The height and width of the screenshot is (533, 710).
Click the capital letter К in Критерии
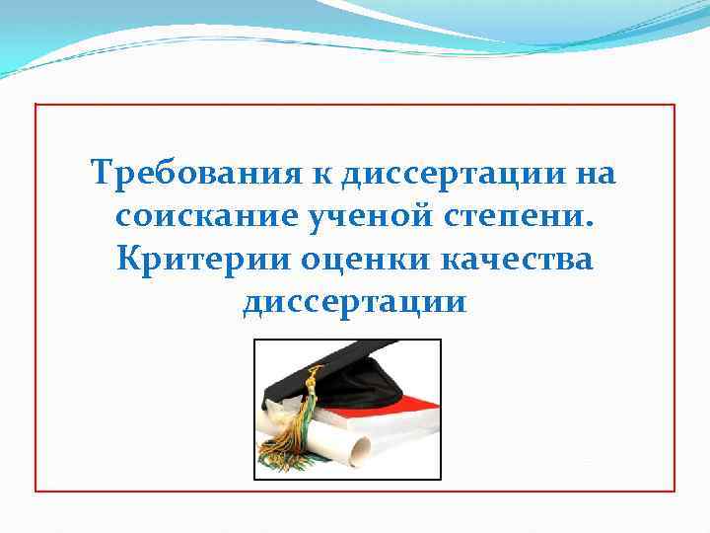(126, 258)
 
